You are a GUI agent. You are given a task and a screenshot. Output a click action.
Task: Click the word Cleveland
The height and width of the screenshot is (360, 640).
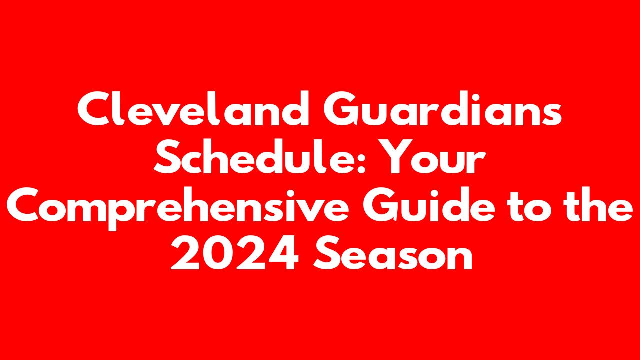click(193, 109)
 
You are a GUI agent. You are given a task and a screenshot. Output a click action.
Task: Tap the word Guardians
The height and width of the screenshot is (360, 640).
click(443, 109)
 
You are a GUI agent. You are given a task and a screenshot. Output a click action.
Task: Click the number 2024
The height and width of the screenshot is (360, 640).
click(235, 253)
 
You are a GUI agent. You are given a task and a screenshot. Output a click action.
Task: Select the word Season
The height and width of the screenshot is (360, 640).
click(393, 253)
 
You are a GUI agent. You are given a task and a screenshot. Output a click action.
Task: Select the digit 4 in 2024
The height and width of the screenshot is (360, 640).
click(283, 253)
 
